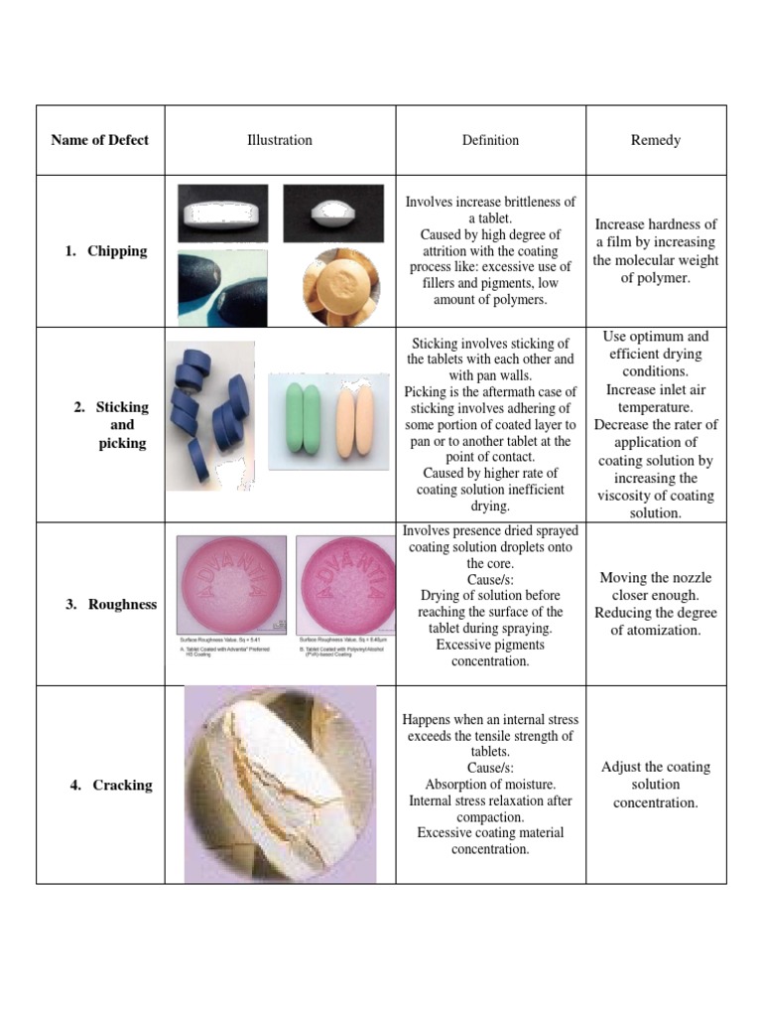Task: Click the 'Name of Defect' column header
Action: point(99,140)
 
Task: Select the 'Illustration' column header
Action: point(279,140)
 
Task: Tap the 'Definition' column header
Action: point(490,140)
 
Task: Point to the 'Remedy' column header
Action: point(656,140)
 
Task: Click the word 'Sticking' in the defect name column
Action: point(122,407)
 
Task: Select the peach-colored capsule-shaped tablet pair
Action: point(354,420)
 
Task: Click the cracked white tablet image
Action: point(280,785)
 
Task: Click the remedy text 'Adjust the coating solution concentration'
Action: point(656,785)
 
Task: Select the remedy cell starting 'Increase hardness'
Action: point(656,251)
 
